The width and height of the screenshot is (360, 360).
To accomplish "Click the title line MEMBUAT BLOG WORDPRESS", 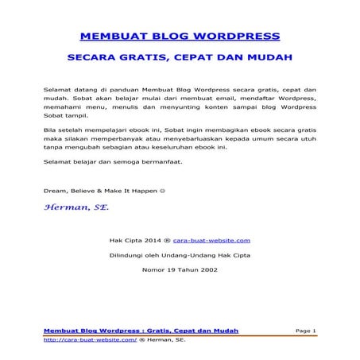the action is click(180, 37).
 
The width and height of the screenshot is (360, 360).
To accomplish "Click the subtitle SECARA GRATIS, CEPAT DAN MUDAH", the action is click(180, 57).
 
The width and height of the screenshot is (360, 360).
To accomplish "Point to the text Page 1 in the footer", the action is click(305, 330).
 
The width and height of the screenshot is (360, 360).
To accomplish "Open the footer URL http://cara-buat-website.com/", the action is click(90, 339).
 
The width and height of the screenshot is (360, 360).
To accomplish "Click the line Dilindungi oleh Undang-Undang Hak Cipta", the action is click(179, 254).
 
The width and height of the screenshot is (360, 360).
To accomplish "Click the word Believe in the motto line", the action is click(83, 190).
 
